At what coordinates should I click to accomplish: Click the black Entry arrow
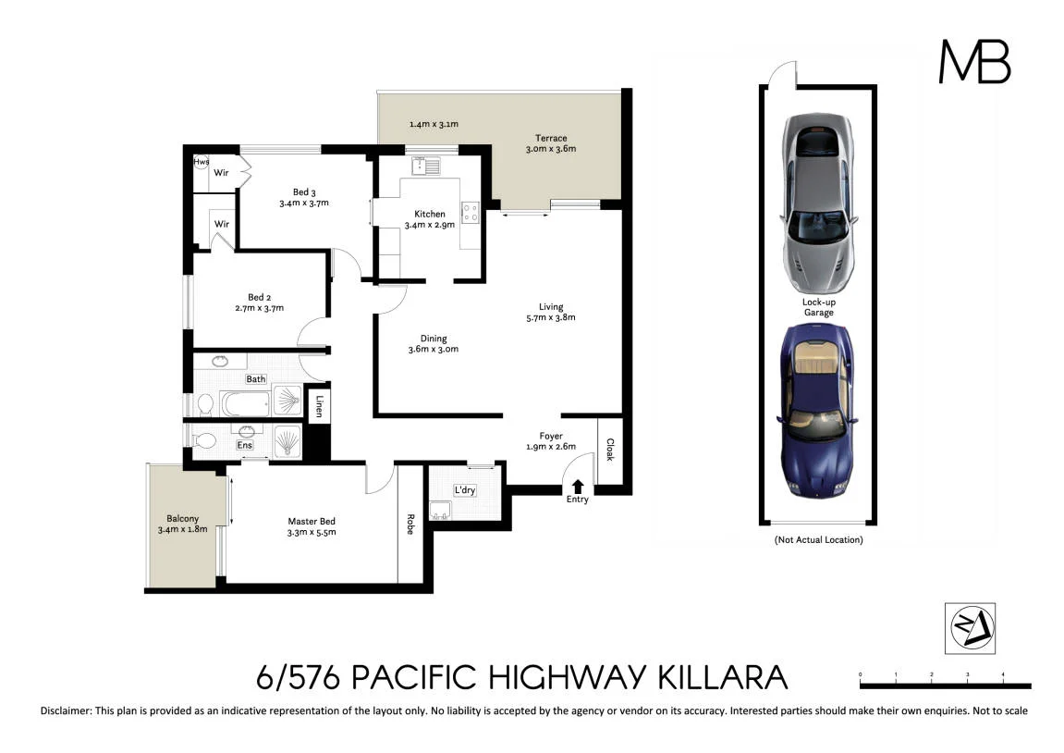[578, 486]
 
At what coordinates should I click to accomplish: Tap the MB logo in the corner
[974, 62]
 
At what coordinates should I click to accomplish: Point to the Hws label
[201, 162]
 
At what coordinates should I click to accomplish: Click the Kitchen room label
[430, 219]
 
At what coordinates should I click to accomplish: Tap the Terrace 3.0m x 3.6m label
[551, 143]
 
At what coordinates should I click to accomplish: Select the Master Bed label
[312, 526]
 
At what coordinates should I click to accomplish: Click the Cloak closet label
[609, 450]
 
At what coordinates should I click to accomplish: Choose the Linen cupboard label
[318, 406]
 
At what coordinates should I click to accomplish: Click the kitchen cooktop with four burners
[471, 213]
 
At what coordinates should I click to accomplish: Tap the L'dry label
[464, 490]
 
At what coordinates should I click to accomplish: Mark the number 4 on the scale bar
[1003, 674]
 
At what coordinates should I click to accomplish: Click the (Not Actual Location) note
[818, 539]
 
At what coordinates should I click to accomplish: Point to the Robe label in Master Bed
[410, 525]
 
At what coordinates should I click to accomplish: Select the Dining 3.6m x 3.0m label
[433, 344]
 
